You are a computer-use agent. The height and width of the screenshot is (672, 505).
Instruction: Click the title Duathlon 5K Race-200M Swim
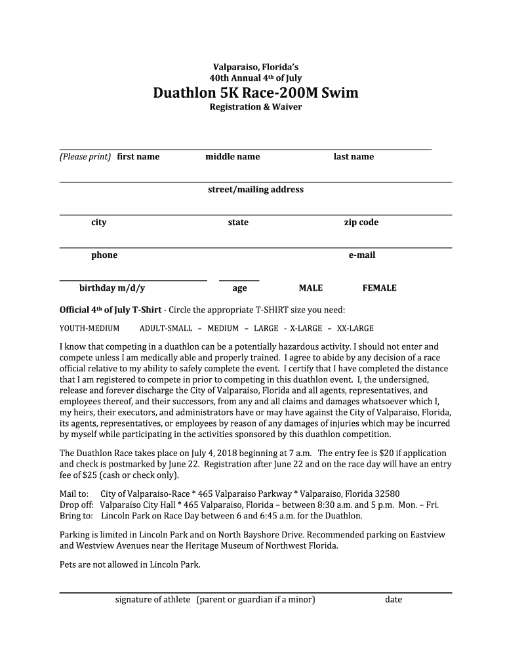[x=256, y=93]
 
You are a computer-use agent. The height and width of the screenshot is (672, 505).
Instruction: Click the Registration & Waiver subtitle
[x=256, y=107]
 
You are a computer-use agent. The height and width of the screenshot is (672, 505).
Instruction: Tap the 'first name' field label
[x=138, y=157]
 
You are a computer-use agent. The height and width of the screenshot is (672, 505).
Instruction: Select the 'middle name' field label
[x=232, y=157]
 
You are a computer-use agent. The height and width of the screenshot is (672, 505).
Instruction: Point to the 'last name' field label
[x=353, y=157]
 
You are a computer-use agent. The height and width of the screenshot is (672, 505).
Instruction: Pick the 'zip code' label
[x=361, y=222]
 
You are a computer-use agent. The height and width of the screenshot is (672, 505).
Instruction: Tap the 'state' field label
[x=238, y=222]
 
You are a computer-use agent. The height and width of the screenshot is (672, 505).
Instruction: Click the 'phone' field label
[x=104, y=255]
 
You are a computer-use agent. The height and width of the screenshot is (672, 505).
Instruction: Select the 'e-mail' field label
[x=362, y=255]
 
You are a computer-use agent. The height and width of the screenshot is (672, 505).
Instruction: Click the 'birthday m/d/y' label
[x=112, y=288]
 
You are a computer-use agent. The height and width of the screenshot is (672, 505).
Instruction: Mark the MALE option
[x=311, y=288]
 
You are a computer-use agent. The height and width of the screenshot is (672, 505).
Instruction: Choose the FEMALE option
[x=380, y=288]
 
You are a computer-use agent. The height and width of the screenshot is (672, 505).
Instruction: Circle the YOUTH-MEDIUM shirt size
[x=90, y=328]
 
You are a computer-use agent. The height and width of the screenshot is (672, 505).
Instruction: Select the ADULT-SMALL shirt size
[x=166, y=328]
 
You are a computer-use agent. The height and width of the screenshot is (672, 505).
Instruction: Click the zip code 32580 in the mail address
[x=387, y=494]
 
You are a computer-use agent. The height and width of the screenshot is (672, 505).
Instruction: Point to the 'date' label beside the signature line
[x=394, y=600]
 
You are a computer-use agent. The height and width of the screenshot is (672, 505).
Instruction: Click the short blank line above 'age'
[x=239, y=280]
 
